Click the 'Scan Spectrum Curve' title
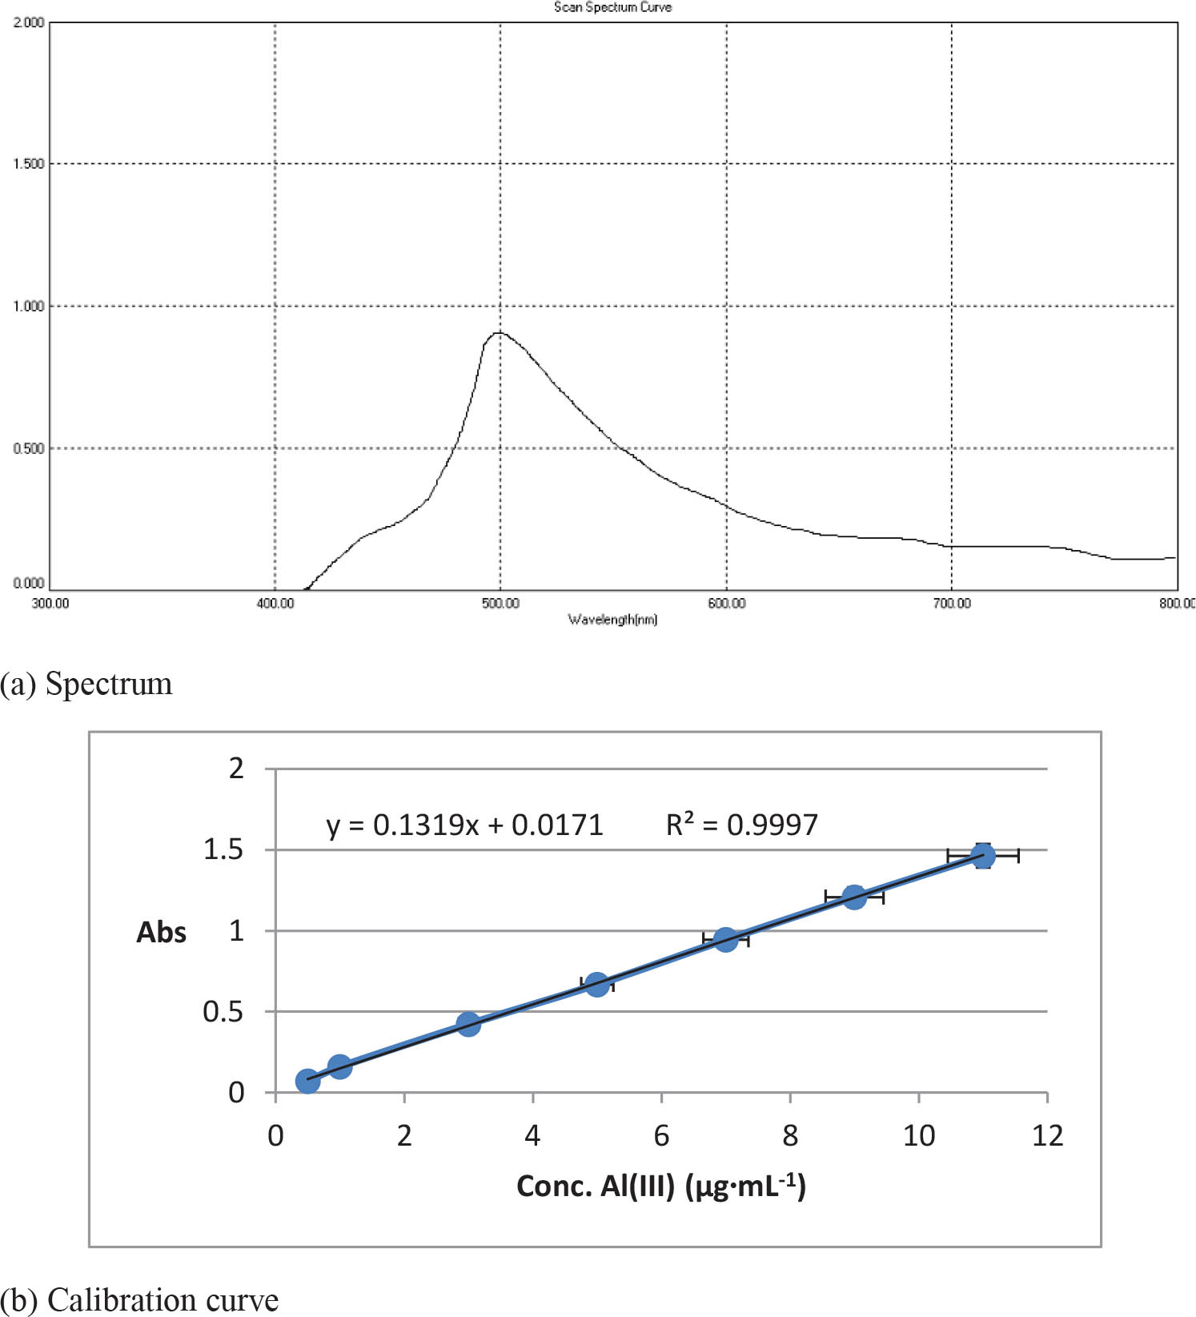612,7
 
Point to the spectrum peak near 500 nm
499,332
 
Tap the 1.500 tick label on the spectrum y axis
29,164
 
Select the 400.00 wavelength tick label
275,604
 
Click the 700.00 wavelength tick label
951,604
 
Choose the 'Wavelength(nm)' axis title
612,620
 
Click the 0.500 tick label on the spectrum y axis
29,448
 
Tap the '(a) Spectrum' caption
86,685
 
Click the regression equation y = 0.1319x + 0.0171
464,825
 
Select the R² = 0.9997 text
742,825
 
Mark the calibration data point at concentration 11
983,856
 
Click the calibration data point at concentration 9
854,897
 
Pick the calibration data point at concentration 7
726,939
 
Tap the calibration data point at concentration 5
597,985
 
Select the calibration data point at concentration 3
468,1024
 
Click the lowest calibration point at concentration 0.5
307,1081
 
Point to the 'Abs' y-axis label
161,933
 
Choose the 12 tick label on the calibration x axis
1047,1136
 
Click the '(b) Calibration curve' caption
139,1300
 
